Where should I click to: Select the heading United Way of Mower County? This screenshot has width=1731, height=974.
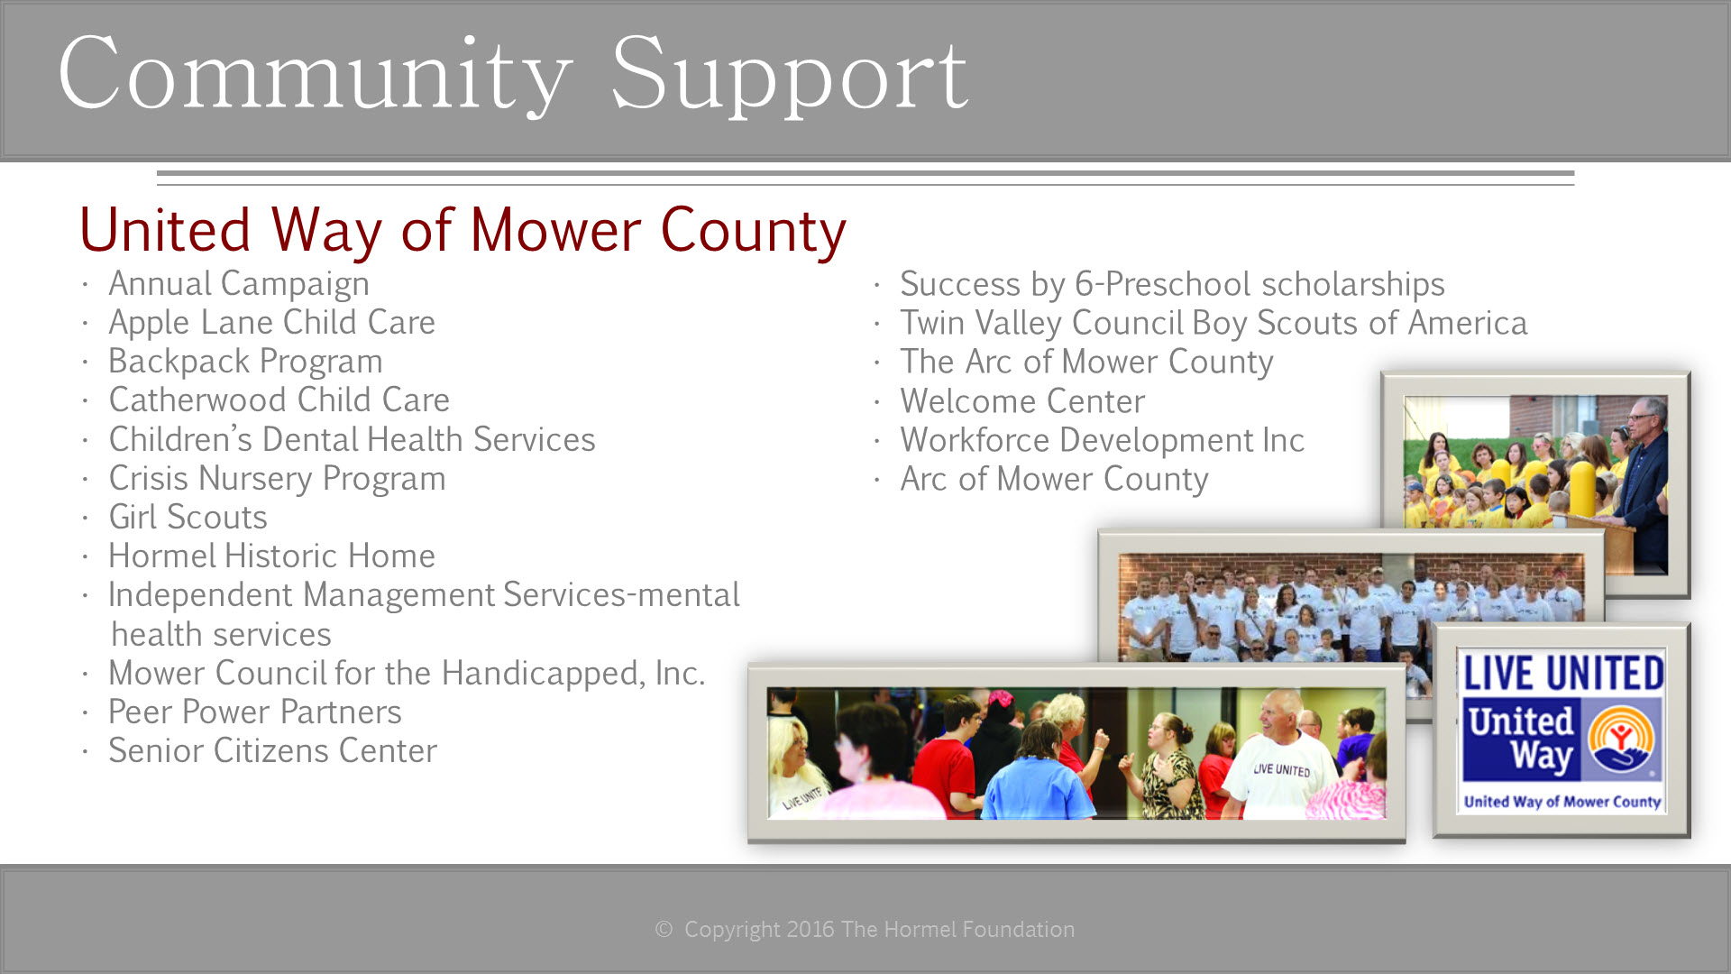463,231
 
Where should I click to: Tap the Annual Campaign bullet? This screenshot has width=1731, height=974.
239,284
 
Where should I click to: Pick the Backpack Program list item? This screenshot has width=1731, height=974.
245,362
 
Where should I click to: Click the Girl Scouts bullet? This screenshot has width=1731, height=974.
188,517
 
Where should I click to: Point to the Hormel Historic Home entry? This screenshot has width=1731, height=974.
271,556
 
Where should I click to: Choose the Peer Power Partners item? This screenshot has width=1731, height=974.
254,712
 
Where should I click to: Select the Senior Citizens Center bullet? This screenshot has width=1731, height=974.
272,750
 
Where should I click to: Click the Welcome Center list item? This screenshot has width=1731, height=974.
1022,401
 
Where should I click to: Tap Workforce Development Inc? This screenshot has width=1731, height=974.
1102,440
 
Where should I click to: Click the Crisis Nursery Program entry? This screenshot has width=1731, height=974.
277,479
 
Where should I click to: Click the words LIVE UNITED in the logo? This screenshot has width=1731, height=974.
1563,674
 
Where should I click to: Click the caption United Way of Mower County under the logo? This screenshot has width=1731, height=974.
1562,801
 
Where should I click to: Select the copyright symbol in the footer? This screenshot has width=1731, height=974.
664,929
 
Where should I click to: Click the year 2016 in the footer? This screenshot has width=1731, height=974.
810,929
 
